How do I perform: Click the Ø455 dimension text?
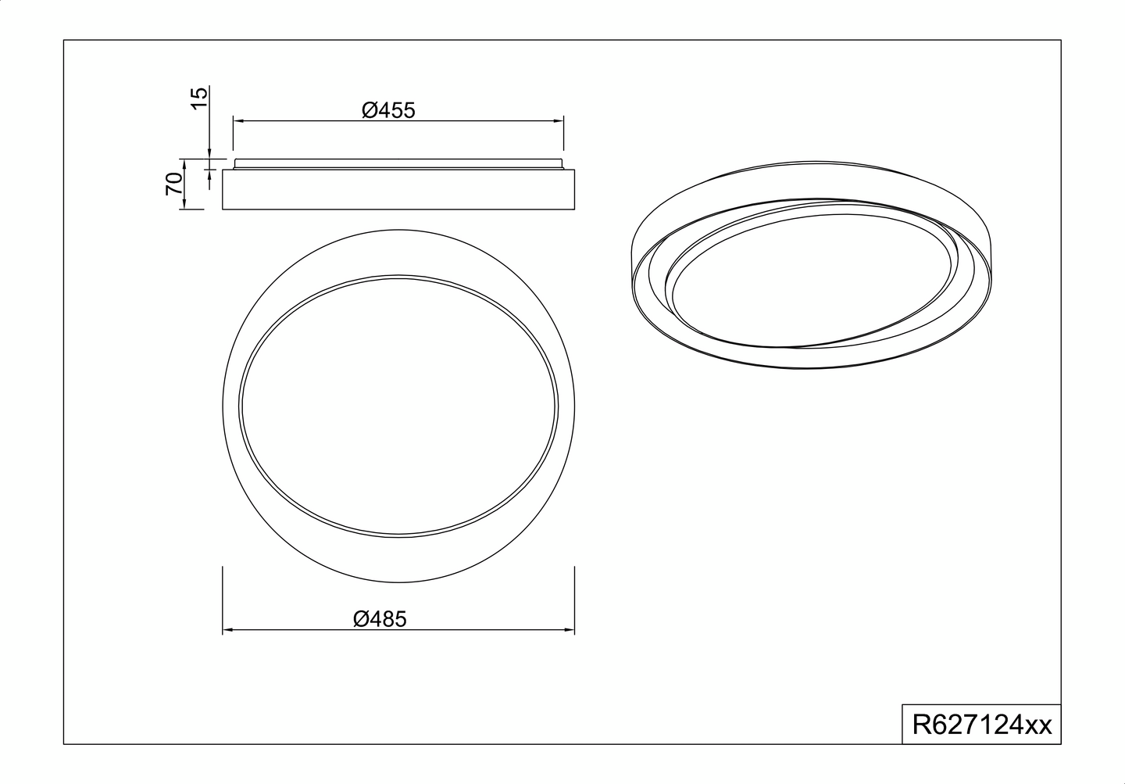(x=388, y=110)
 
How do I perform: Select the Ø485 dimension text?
(x=380, y=619)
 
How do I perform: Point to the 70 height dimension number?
(x=174, y=184)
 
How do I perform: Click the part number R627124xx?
(x=982, y=725)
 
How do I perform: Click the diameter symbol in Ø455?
(x=370, y=110)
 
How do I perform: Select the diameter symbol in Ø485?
(x=361, y=619)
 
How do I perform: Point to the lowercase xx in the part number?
(x=1038, y=726)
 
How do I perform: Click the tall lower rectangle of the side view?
(x=398, y=189)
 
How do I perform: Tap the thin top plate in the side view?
(x=398, y=163)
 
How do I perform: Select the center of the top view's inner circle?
(x=399, y=406)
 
